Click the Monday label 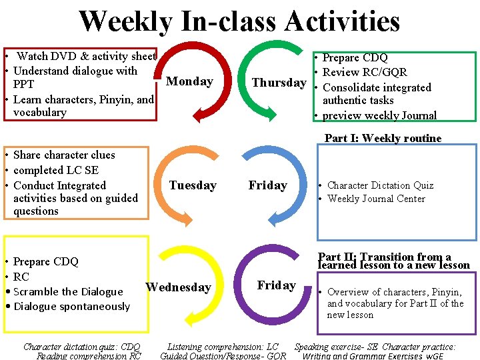[189, 81]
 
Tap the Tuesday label [193, 185]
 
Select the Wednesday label [178, 287]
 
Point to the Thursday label [279, 83]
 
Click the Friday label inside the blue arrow [267, 185]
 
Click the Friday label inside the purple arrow [276, 285]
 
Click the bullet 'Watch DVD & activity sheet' [86, 57]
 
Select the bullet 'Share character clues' [64, 155]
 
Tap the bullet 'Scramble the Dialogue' [68, 291]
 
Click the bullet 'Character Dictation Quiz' [380, 185]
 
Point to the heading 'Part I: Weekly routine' [383, 139]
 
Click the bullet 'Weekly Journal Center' [376, 199]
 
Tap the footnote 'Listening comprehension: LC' [223, 347]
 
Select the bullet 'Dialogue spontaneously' [71, 307]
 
